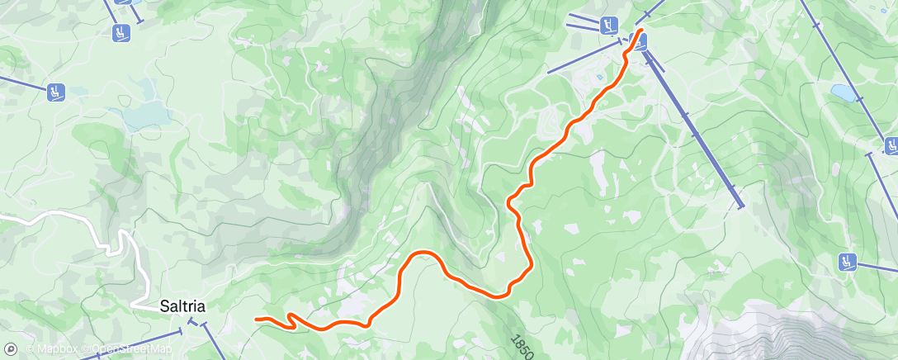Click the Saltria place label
point(182,306)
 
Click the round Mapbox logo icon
point(10,349)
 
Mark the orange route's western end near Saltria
point(257,319)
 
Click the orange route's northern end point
point(641,31)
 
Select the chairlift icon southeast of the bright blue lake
point(891,146)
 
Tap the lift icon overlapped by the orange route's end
point(637,40)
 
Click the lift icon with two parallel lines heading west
point(610,25)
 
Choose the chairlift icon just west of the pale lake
point(56,92)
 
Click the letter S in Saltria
point(165,306)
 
